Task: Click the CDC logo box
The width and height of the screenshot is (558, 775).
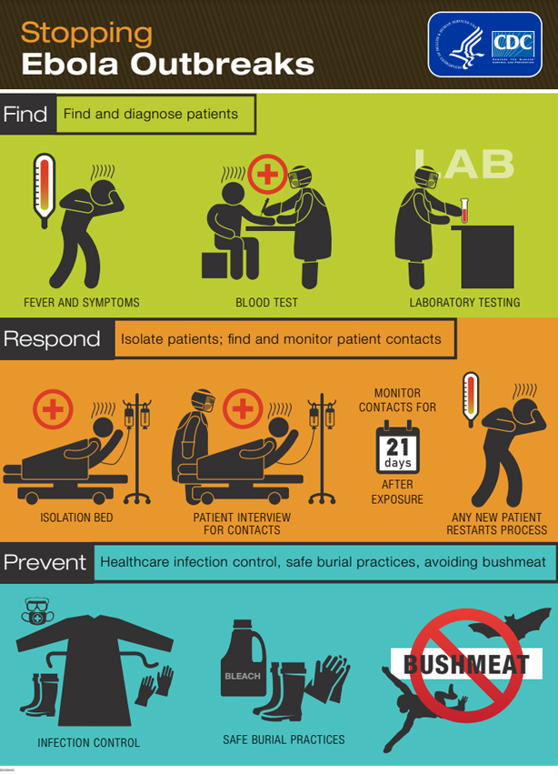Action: coord(484,44)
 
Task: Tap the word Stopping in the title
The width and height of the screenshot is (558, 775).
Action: coord(86,33)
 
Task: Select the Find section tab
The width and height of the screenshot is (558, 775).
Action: coord(25,115)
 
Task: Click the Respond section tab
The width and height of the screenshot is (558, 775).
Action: coord(52,339)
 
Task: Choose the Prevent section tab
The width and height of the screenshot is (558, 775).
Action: coord(45,562)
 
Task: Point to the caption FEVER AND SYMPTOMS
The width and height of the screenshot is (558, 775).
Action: coord(82,302)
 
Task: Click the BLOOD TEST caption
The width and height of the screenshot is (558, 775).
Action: coord(266,302)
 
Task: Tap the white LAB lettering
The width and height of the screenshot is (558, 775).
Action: coord(463,164)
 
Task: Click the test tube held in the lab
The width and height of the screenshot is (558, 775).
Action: coord(464,211)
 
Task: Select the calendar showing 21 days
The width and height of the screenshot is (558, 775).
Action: coord(397,447)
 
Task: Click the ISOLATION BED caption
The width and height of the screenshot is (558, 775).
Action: coord(76,518)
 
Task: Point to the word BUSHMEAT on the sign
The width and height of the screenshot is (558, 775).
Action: coord(466,663)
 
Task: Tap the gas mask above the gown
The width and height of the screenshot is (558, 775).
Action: coord(37,612)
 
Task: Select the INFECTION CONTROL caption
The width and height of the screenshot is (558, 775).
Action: coord(89,742)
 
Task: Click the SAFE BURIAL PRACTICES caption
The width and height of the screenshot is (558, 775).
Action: coord(284,740)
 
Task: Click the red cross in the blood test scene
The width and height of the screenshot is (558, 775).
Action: coord(266,174)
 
